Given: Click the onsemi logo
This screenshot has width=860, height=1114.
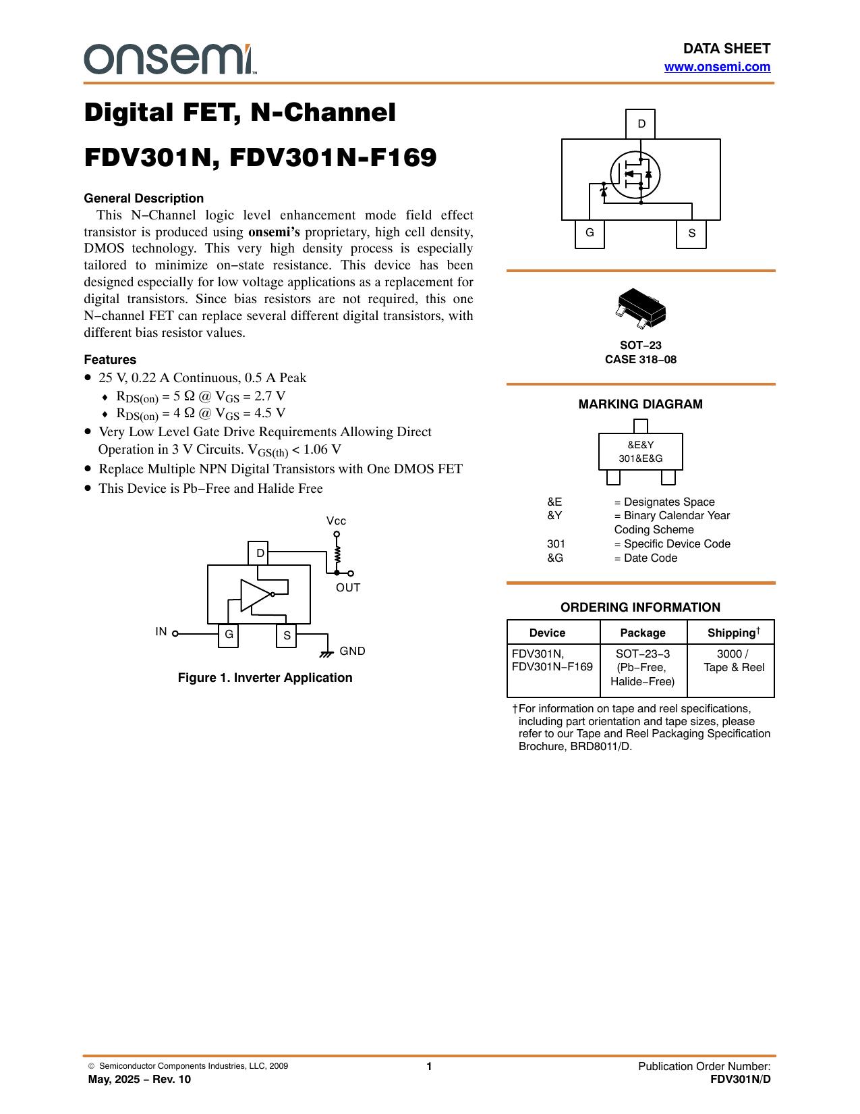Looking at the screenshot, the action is pyautogui.click(x=170, y=59).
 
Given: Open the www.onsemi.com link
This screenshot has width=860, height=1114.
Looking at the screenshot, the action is pyautogui.click(x=717, y=67).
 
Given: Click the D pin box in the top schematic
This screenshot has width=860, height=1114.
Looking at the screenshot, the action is pyautogui.click(x=640, y=124).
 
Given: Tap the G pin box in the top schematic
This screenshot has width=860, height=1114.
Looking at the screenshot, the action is pyautogui.click(x=590, y=233).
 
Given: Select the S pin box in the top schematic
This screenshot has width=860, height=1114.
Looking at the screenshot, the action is pyautogui.click(x=691, y=233).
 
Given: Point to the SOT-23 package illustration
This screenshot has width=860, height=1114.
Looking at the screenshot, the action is pyautogui.click(x=641, y=308).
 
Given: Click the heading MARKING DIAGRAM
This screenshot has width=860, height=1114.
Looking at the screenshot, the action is pyautogui.click(x=640, y=404).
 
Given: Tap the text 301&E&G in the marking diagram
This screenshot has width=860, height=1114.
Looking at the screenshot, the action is pyautogui.click(x=640, y=458).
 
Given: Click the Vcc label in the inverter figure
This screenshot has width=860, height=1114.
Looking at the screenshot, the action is pyautogui.click(x=336, y=521).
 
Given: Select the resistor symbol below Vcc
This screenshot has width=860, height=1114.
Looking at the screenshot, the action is pyautogui.click(x=337, y=554).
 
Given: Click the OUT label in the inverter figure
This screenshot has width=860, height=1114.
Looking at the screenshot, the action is pyautogui.click(x=348, y=588).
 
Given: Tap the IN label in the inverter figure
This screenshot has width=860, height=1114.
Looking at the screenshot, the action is pyautogui.click(x=161, y=631).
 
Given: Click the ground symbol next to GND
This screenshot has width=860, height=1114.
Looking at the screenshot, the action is pyautogui.click(x=326, y=654).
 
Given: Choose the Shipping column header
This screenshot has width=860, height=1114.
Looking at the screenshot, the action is pyautogui.click(x=733, y=632).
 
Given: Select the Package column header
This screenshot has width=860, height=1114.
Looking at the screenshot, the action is pyautogui.click(x=643, y=633).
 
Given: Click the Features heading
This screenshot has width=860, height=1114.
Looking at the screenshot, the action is pyautogui.click(x=110, y=359).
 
